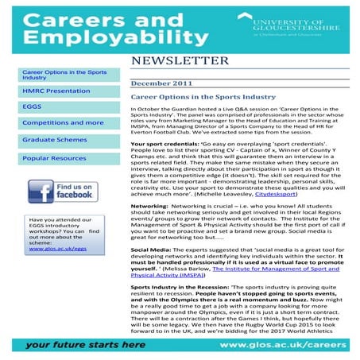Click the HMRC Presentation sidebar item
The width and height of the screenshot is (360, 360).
pyautogui.click(x=46, y=91)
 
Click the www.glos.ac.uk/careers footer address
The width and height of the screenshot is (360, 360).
pyautogui.click(x=287, y=346)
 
